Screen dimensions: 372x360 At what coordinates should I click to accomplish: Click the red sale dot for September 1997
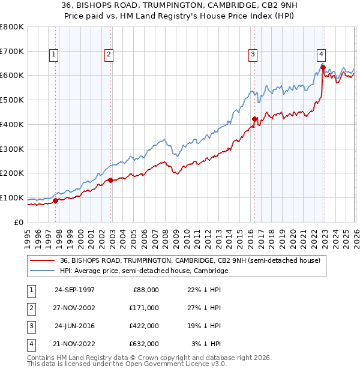[x=56, y=200]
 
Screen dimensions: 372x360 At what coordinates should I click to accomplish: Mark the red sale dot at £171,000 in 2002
[x=110, y=180]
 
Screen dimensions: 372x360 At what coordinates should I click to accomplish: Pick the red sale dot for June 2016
[x=254, y=119]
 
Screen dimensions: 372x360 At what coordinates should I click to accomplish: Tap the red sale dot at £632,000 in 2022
[x=323, y=67]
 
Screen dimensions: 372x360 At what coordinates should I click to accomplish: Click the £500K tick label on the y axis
[x=12, y=100]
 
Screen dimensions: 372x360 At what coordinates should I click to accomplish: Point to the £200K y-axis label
[x=12, y=173]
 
